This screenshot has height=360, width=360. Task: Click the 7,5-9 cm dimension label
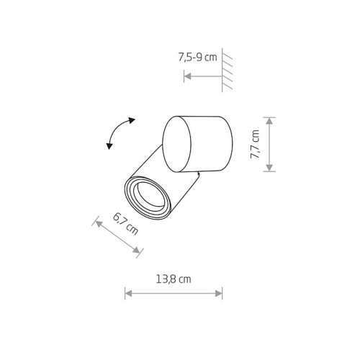tap(197, 58)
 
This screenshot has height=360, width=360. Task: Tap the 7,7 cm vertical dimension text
tap(255, 144)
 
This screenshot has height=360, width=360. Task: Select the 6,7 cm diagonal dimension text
tap(125, 224)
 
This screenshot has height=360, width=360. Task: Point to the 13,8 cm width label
tap(174, 279)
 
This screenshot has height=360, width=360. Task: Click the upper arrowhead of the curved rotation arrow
tap(132, 120)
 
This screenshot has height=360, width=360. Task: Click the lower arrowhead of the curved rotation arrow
tap(109, 145)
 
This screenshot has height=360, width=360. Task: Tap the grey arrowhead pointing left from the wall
tap(188, 76)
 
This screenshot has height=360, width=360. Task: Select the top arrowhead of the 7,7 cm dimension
tap(269, 121)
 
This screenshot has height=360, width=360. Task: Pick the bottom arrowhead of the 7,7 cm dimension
tap(269, 168)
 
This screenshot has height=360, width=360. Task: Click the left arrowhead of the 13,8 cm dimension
tap(129, 293)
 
